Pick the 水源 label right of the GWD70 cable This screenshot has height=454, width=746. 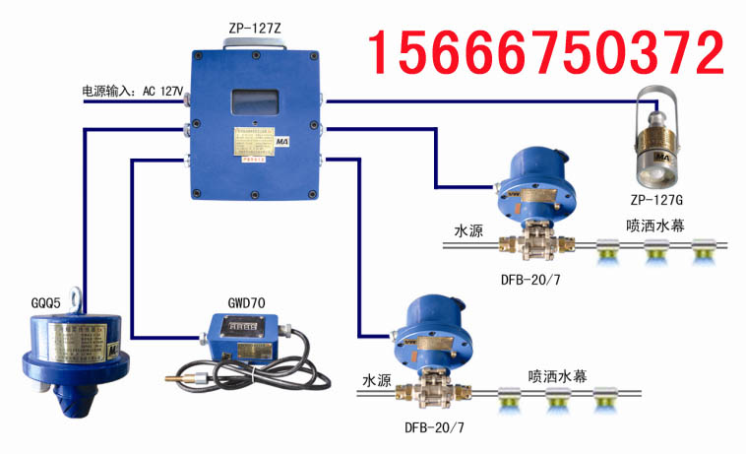(x=378, y=380)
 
